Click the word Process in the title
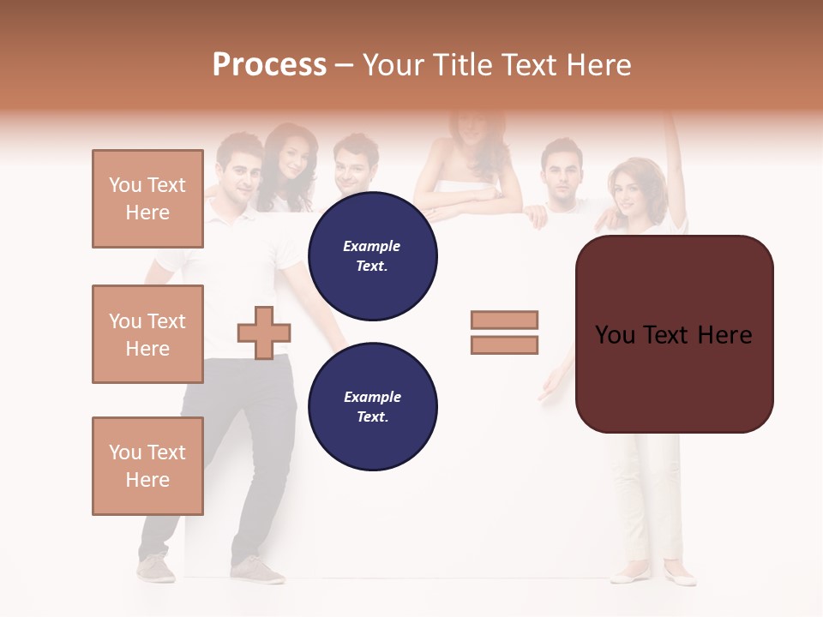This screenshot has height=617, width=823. coord(269,65)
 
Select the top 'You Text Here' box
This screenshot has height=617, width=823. coord(147,199)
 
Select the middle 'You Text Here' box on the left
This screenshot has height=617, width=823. coord(147,334)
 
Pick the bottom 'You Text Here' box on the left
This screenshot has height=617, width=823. coord(147,466)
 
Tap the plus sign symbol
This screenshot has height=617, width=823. coord(264,332)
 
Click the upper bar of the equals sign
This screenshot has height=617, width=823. coord(504,320)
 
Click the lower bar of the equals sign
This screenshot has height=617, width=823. coord(504,345)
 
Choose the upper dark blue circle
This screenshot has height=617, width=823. coord(373,256)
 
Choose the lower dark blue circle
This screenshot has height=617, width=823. coord(373,407)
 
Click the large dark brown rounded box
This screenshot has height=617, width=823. coord(675,334)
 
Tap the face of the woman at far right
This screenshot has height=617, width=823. coord(628,190)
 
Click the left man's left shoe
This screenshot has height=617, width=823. coord(156,568)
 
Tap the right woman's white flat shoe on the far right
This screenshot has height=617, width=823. coord(681,576)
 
